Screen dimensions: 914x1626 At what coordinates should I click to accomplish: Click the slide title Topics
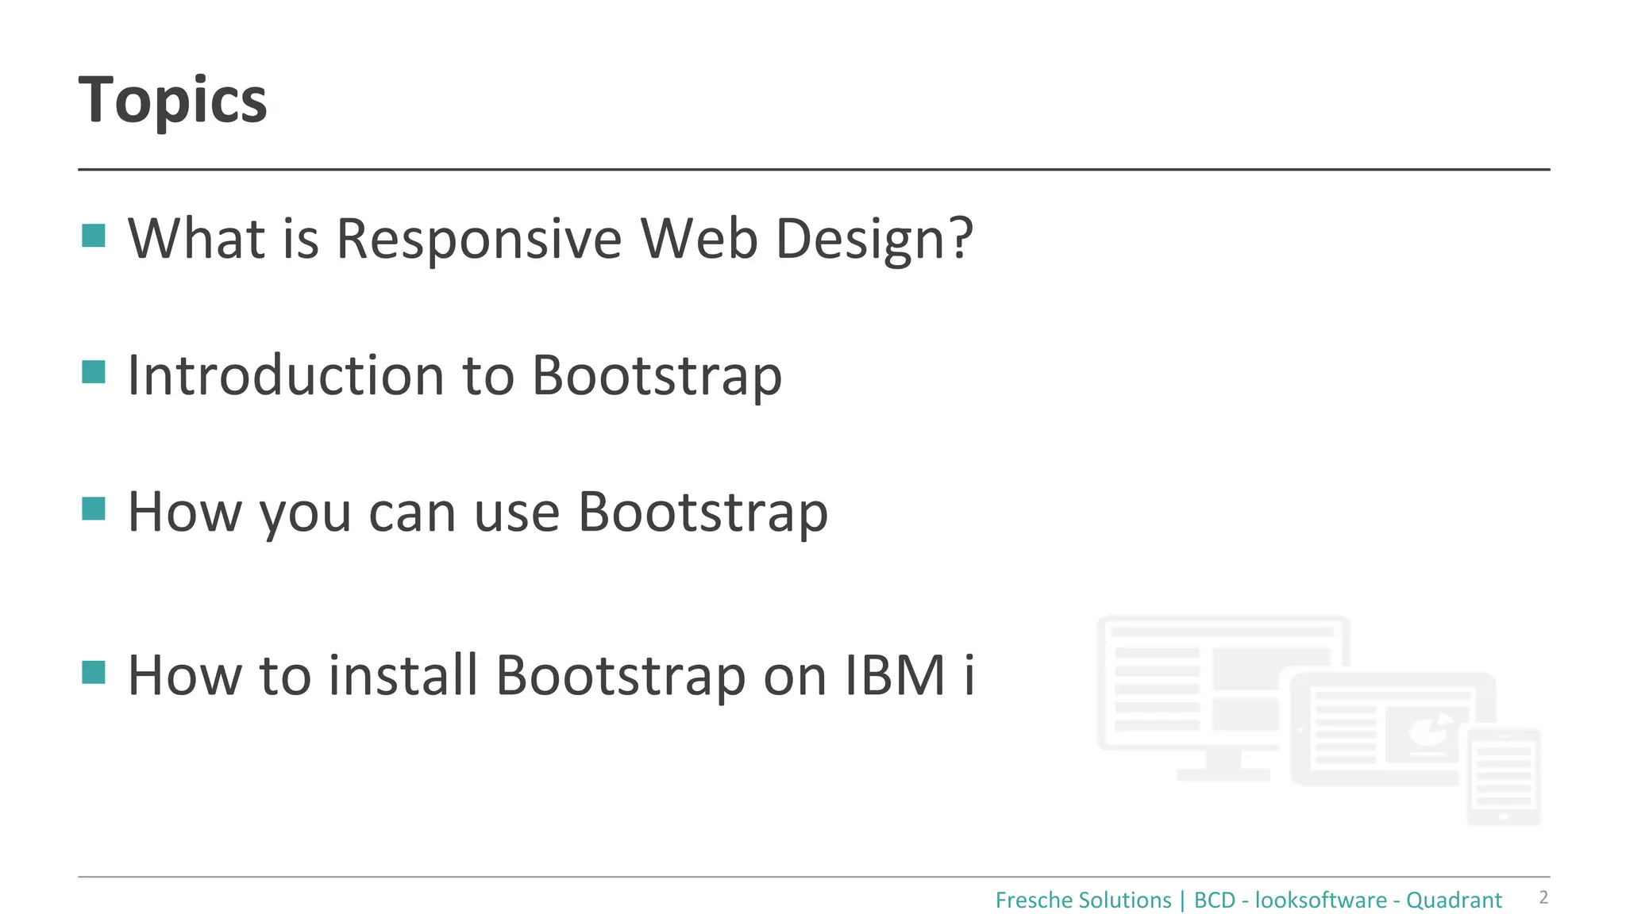tap(173, 101)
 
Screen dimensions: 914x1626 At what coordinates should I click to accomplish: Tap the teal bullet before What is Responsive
tap(94, 236)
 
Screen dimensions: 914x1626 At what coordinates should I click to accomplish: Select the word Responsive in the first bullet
tap(479, 239)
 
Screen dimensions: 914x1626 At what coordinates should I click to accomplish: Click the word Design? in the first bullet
tap(874, 239)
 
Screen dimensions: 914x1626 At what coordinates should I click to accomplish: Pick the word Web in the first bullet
tap(699, 239)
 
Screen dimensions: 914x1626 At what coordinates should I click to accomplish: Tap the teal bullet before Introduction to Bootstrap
tap(94, 372)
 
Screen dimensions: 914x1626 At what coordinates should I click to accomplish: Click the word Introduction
tap(286, 375)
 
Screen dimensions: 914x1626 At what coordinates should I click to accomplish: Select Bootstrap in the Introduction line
tap(657, 375)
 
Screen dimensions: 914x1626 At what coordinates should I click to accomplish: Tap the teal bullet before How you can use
tap(94, 509)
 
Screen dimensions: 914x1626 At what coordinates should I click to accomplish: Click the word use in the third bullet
tap(517, 513)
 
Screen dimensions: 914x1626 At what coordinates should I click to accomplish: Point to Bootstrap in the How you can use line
tap(703, 513)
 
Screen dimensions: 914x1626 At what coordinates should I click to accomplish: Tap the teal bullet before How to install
tap(94, 672)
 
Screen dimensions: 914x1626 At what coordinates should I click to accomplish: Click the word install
tap(403, 676)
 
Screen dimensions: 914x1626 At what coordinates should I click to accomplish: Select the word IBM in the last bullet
tap(895, 676)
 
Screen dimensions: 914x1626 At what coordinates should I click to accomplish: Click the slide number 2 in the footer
tap(1543, 897)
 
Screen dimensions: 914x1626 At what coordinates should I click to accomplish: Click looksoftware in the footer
tap(1320, 901)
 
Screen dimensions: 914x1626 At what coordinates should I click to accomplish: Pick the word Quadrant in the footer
tap(1454, 901)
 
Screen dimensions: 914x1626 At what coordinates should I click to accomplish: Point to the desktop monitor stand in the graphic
tap(1223, 765)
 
